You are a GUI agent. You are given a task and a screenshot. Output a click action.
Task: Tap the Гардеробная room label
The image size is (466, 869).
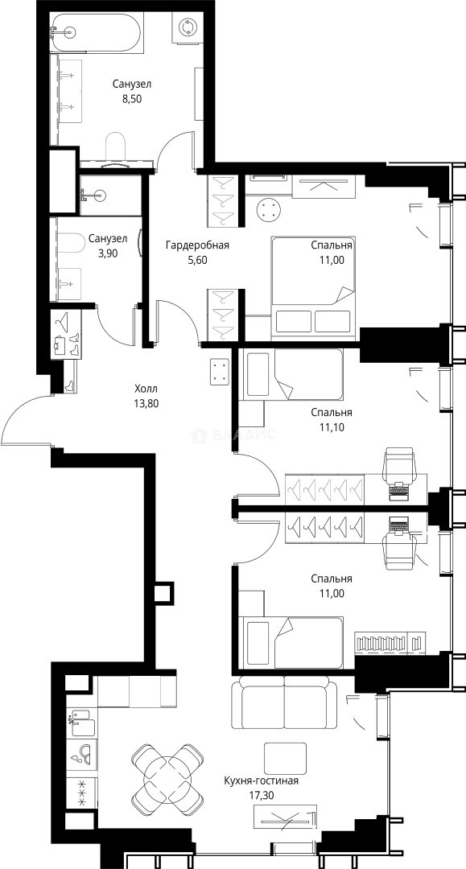pos(197,245)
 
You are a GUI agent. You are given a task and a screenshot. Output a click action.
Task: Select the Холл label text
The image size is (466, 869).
pos(146,389)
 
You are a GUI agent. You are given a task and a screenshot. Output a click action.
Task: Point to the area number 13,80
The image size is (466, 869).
pos(146,403)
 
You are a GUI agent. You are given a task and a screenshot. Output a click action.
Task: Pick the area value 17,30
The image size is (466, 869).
pos(262,796)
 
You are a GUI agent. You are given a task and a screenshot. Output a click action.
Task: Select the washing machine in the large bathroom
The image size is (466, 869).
pos(186,27)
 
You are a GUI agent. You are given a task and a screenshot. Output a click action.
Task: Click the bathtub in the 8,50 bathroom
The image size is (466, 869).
pos(96,33)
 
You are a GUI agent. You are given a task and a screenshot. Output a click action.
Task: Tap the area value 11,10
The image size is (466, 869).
pos(332,427)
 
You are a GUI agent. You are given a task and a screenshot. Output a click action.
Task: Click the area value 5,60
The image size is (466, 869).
pos(197,260)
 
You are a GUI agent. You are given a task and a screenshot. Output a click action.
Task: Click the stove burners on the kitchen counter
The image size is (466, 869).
pos(82,793)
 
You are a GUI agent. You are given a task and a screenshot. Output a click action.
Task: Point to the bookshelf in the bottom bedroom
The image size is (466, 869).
pos(390,643)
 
